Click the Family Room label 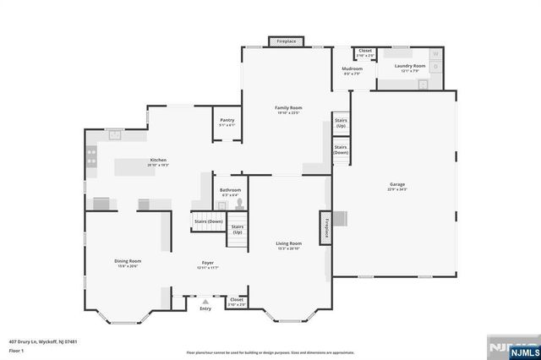pyautogui.click(x=288, y=108)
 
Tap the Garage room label pyautogui.click(x=397, y=184)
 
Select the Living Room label pyautogui.click(x=288, y=243)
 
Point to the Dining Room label pyautogui.click(x=128, y=261)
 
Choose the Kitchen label pyautogui.click(x=158, y=160)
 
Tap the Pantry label pyautogui.click(x=227, y=120)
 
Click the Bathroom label pyautogui.click(x=230, y=190)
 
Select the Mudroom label pyautogui.click(x=352, y=68)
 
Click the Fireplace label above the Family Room pyautogui.click(x=287, y=41)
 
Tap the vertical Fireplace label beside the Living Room pyautogui.click(x=325, y=228)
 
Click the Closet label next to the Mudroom pyautogui.click(x=365, y=51)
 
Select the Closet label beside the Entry pyautogui.click(x=237, y=299)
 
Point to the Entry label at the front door pyautogui.click(x=205, y=309)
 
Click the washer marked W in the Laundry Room pyautogui.click(x=436, y=54)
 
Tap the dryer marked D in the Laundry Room pyautogui.click(x=436, y=66)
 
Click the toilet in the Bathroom pyautogui.click(x=241, y=203)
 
